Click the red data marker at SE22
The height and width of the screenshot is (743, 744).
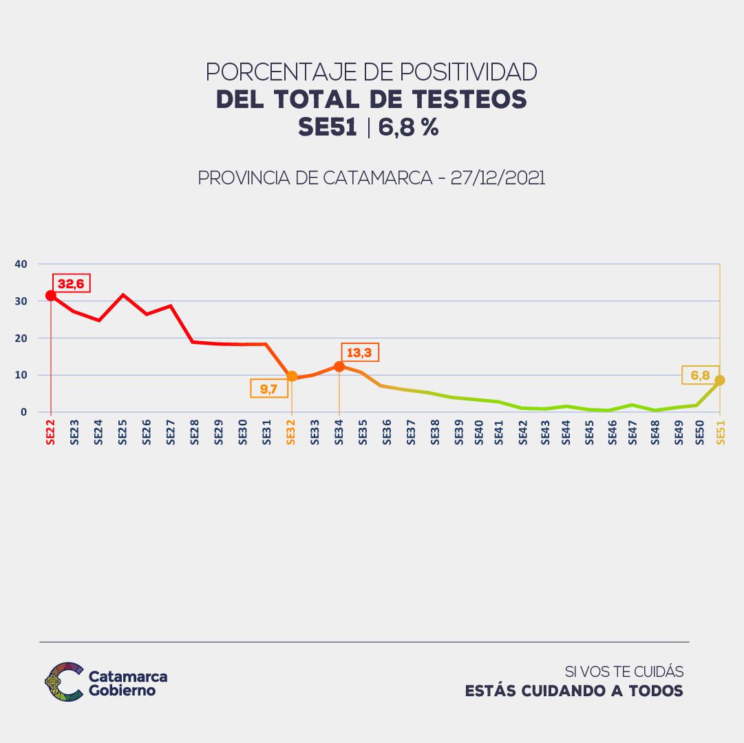pos(50,296)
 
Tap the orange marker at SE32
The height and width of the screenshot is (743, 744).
pos(291,376)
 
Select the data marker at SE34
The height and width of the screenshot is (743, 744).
pos(339,367)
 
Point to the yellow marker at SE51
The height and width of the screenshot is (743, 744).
pos(720,380)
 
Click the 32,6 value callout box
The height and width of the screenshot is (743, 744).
pos(72,283)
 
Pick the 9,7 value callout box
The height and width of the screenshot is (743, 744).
pos(269,389)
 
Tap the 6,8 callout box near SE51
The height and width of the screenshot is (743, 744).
pos(700,375)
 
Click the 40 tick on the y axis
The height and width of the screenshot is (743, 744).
pos(21,263)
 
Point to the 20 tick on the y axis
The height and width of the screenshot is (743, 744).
pos(21,338)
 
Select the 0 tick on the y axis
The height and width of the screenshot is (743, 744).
pos(23,412)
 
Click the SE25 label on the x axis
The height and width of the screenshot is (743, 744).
pos(123,435)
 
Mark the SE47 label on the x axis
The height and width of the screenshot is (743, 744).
pos(631,435)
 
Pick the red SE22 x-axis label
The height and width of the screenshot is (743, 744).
pos(50,435)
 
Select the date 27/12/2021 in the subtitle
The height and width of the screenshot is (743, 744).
pos(498,178)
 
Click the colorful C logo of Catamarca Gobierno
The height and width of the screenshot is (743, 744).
pos(64,682)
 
